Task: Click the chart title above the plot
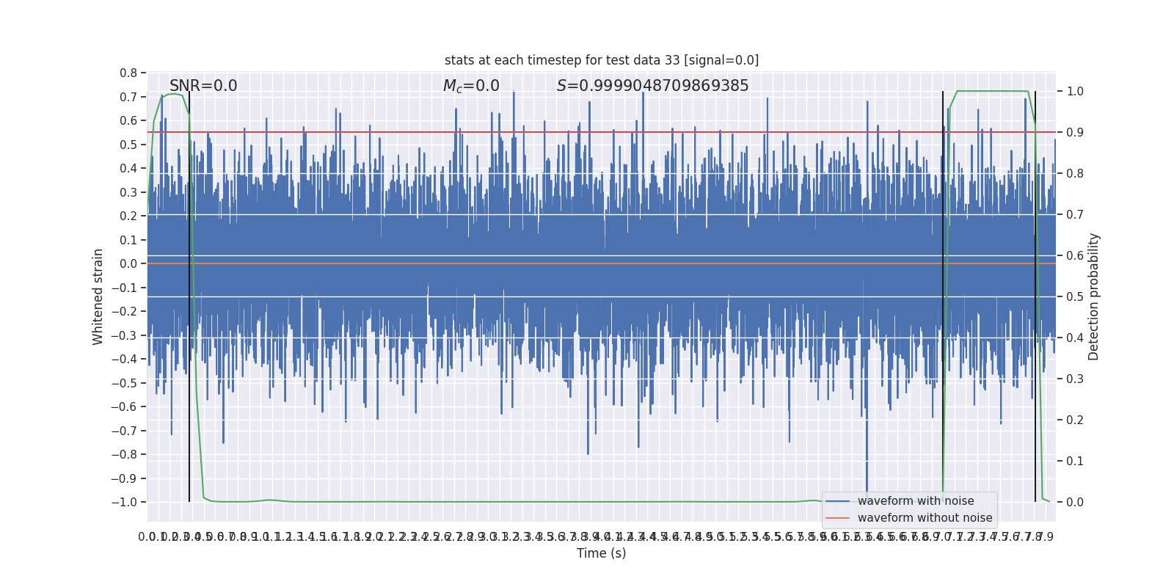(x=602, y=60)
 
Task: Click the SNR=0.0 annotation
(x=203, y=86)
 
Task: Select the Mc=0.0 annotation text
(x=471, y=86)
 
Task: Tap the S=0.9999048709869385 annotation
(x=652, y=86)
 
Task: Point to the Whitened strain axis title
(x=98, y=296)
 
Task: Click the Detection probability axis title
(x=1094, y=296)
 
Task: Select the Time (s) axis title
(x=601, y=553)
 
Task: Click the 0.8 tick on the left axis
(x=128, y=73)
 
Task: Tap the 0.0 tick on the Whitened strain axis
(x=128, y=263)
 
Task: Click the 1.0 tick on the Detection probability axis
(x=1075, y=92)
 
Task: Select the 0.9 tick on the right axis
(x=1075, y=133)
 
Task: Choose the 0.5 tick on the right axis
(x=1075, y=297)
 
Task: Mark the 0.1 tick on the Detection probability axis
(x=1075, y=461)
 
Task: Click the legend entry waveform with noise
(x=916, y=501)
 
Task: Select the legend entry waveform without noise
(x=925, y=518)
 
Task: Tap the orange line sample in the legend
(x=837, y=518)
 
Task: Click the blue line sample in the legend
(x=837, y=501)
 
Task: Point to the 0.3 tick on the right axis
(x=1075, y=379)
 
